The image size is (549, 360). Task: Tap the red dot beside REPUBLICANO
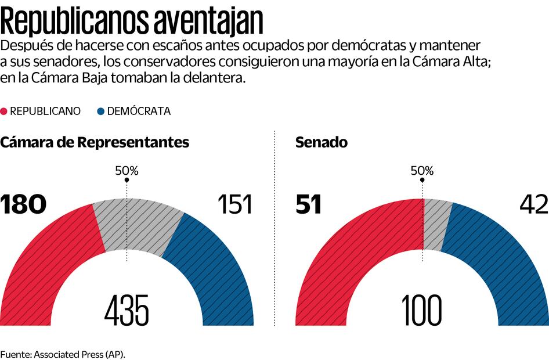5,111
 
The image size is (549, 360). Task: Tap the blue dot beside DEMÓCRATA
102,111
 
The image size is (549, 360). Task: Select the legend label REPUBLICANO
45,111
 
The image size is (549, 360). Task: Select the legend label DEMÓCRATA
139,111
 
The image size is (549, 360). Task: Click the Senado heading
322,143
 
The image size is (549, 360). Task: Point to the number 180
23,205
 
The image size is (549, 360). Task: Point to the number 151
234,205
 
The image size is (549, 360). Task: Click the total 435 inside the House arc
127,310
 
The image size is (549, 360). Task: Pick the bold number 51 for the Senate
309,205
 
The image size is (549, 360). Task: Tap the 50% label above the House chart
127,171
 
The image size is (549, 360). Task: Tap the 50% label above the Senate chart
422,171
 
